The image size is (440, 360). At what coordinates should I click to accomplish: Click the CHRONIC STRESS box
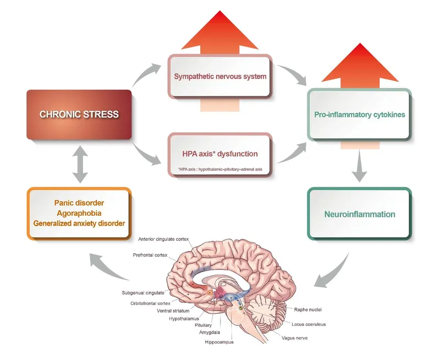(x=79, y=115)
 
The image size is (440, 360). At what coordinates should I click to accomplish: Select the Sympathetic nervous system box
(x=220, y=76)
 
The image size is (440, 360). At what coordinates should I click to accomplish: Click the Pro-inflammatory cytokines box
(x=359, y=114)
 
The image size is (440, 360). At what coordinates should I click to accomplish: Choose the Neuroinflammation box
(x=359, y=213)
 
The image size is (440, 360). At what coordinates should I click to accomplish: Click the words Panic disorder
(x=79, y=203)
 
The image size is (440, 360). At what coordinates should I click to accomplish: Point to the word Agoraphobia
(x=79, y=213)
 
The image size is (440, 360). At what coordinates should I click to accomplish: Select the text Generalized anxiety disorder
(x=79, y=223)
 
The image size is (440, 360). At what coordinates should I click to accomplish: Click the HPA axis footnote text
(x=219, y=168)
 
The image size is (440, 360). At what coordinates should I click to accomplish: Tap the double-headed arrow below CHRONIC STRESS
(x=80, y=165)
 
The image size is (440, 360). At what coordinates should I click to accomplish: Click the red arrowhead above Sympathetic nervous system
(x=220, y=33)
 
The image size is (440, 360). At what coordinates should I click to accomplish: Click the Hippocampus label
(x=218, y=342)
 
